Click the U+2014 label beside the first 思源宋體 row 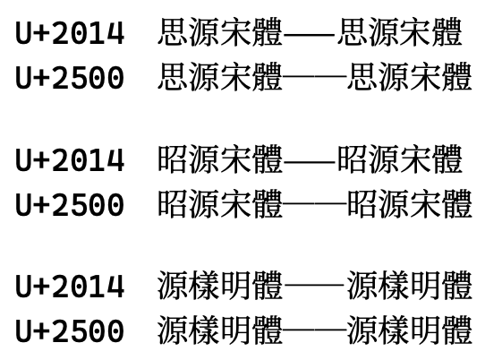[70, 33]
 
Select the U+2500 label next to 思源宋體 [70, 77]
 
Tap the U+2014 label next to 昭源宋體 [70, 159]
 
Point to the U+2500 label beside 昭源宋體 [70, 204]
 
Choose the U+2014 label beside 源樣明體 [70, 287]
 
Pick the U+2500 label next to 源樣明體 [70, 331]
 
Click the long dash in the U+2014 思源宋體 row [310, 34]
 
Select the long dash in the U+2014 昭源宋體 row [310, 160]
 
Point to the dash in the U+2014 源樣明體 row [314, 285]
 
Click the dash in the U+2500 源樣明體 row [314, 330]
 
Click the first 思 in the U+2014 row [174, 32]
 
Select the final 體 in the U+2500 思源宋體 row [457, 76]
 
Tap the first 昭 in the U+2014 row [174, 159]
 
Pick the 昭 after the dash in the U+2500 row [362, 203]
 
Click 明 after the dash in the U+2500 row [425, 330]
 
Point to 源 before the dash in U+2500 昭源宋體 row [205, 203]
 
